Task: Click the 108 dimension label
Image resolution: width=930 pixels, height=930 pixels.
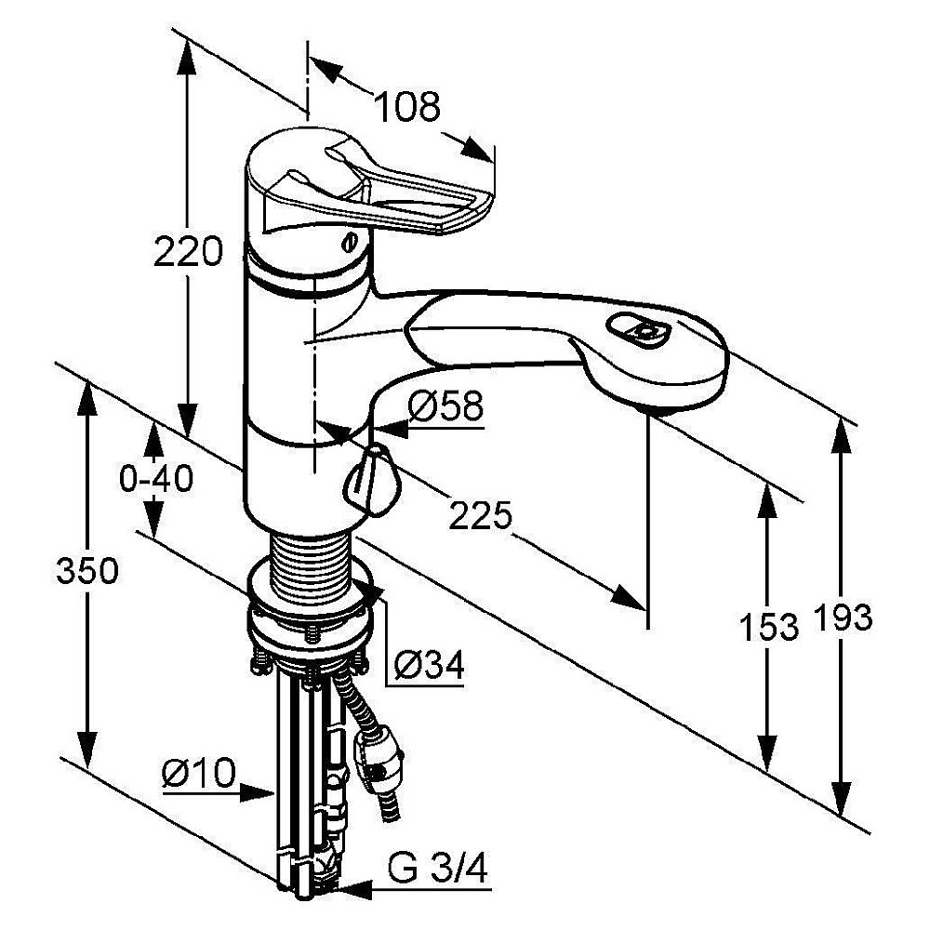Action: pos(407,107)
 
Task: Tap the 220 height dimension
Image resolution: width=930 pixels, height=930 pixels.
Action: pos(188,250)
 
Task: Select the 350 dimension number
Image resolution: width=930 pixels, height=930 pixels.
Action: pos(87,571)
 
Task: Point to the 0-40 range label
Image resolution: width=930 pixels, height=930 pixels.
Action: pos(156,478)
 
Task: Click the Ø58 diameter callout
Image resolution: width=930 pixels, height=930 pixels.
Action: pos(445,406)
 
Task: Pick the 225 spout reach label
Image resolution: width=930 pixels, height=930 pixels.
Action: pos(480,515)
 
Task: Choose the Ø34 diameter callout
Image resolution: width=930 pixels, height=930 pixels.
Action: pos(429,666)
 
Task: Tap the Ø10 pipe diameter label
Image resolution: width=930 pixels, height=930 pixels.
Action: pos(199,774)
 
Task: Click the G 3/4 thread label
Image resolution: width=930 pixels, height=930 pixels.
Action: pos(438,870)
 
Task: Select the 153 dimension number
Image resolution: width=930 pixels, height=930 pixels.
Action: pos(769,627)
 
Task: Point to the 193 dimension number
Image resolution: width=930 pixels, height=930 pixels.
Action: pos(843,618)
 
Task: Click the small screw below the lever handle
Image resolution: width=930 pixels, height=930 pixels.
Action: pos(350,243)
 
